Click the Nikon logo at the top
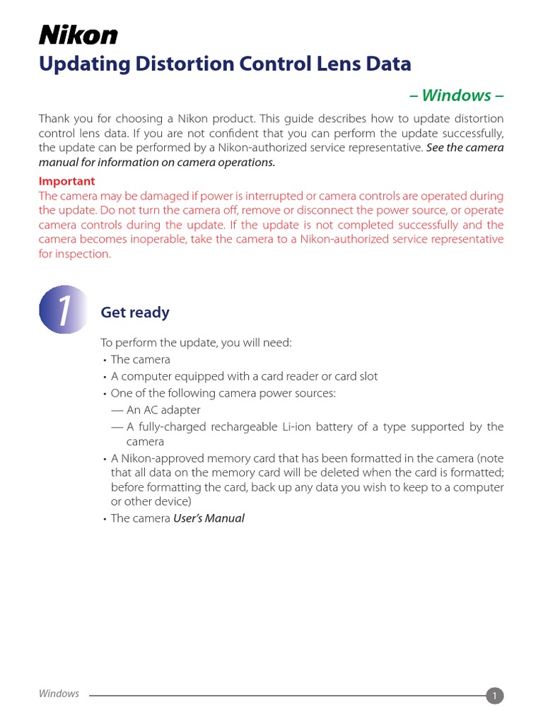pyautogui.click(x=78, y=35)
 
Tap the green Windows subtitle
pyautogui.click(x=457, y=95)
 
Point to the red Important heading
pyautogui.click(x=66, y=181)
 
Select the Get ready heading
pyautogui.click(x=135, y=313)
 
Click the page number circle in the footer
pyautogui.click(x=495, y=696)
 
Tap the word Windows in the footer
pyautogui.click(x=59, y=694)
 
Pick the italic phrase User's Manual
pyautogui.click(x=209, y=518)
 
